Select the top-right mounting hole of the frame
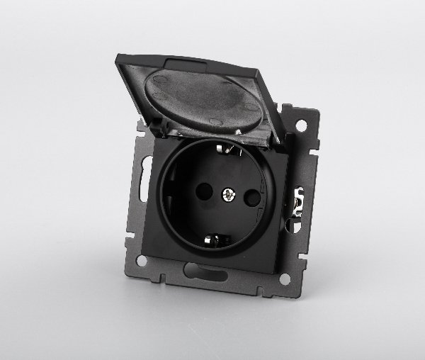[x=301, y=125]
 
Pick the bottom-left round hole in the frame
[x=142, y=261]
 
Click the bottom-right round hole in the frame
[x=284, y=279]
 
